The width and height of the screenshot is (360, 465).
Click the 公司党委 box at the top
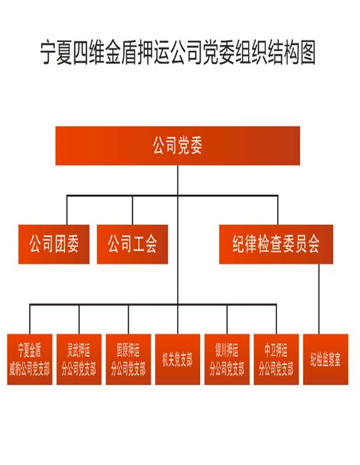(178, 146)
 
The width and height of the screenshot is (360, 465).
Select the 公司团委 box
(54, 244)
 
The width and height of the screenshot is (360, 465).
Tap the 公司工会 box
(132, 244)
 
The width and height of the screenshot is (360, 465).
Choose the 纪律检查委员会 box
(276, 244)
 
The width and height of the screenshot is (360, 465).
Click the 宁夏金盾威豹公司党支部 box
(30, 360)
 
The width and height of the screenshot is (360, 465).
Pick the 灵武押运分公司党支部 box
(79, 360)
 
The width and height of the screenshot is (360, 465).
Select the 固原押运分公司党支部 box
(128, 360)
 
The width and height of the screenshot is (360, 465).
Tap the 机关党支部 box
(178, 360)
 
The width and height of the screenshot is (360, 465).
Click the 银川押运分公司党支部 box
(227, 360)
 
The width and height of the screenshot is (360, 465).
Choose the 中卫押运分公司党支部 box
(276, 360)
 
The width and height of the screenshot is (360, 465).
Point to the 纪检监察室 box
(326, 360)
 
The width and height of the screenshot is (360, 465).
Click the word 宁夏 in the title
(57, 53)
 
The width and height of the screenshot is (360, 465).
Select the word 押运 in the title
(153, 53)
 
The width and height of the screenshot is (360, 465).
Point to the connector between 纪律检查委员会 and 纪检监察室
(319, 299)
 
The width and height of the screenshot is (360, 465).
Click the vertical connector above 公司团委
(66, 210)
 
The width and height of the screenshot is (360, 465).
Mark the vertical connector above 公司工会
(132, 210)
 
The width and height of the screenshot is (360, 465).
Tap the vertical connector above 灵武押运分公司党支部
(79, 319)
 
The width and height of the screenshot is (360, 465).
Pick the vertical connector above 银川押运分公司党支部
(227, 319)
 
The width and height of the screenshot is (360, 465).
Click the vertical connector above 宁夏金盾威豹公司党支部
(30, 319)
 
